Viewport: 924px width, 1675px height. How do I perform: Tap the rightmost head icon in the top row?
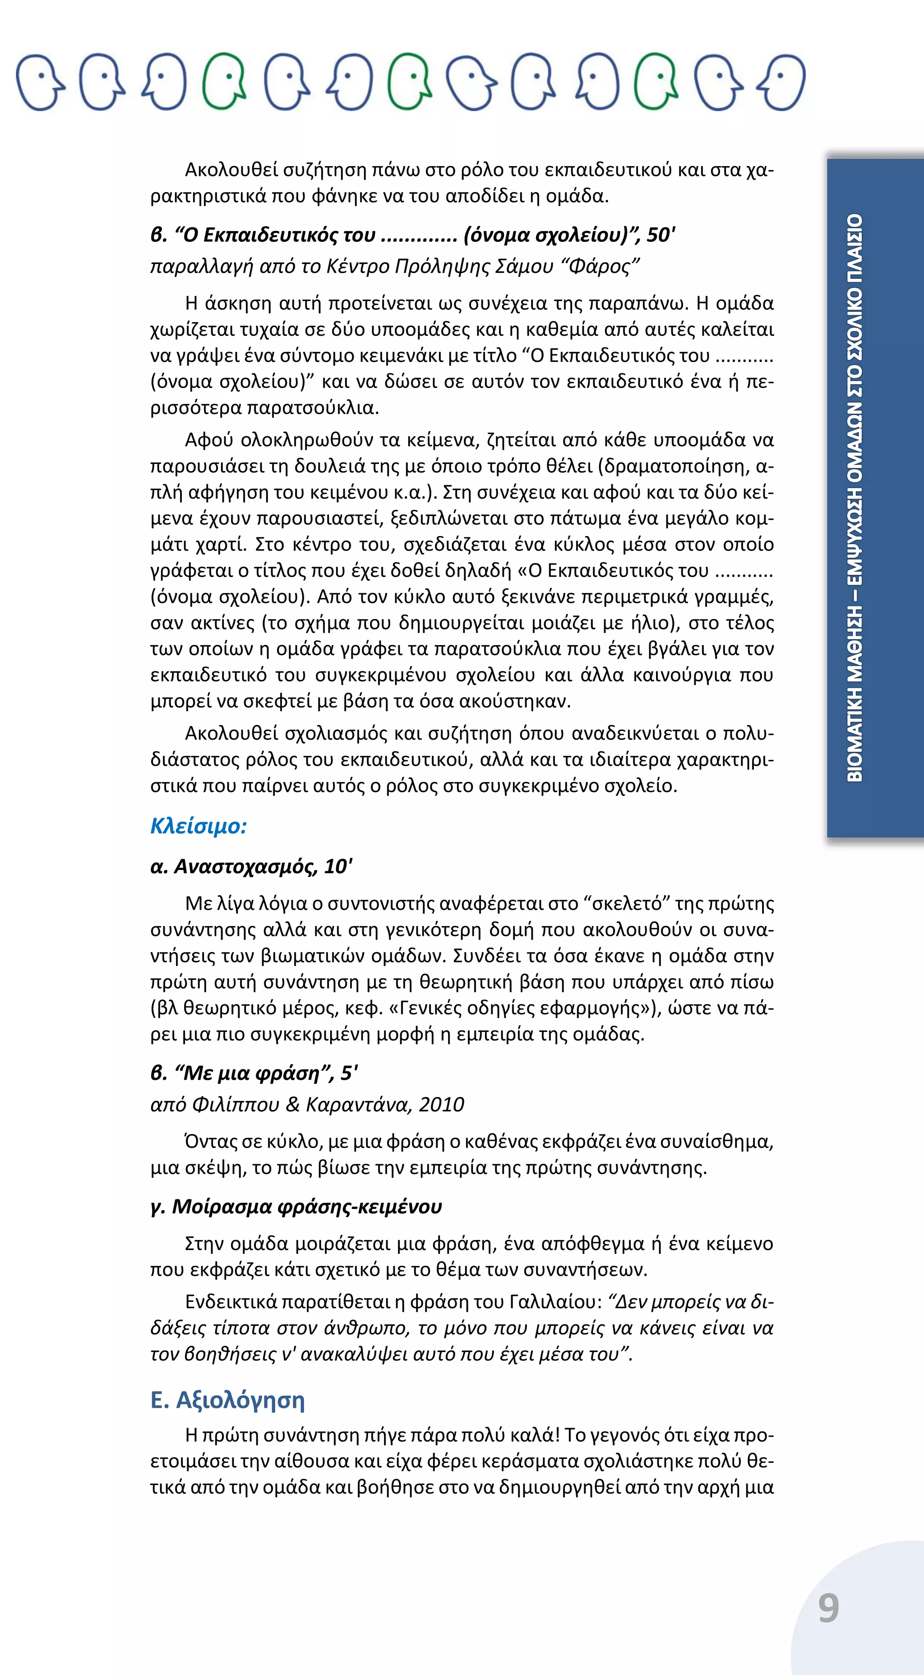pyautogui.click(x=784, y=82)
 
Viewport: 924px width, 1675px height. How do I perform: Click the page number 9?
pyautogui.click(x=828, y=1608)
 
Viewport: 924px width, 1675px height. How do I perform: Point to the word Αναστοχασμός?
pyautogui.click(x=245, y=867)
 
